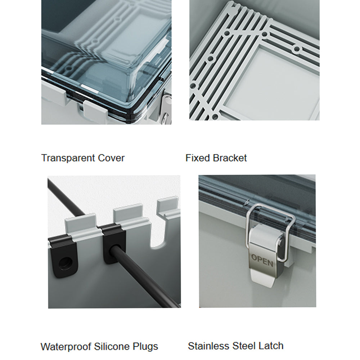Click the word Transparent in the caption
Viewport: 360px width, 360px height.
tap(68, 158)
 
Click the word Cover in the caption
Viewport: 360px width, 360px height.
tap(111, 158)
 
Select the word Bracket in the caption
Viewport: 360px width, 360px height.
tap(230, 158)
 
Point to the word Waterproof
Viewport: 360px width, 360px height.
tap(66, 347)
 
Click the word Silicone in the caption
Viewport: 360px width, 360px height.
tap(112, 346)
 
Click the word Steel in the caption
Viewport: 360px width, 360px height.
tap(244, 346)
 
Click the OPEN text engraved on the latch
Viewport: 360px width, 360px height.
tap(262, 260)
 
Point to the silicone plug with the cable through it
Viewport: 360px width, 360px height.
tap(114, 243)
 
